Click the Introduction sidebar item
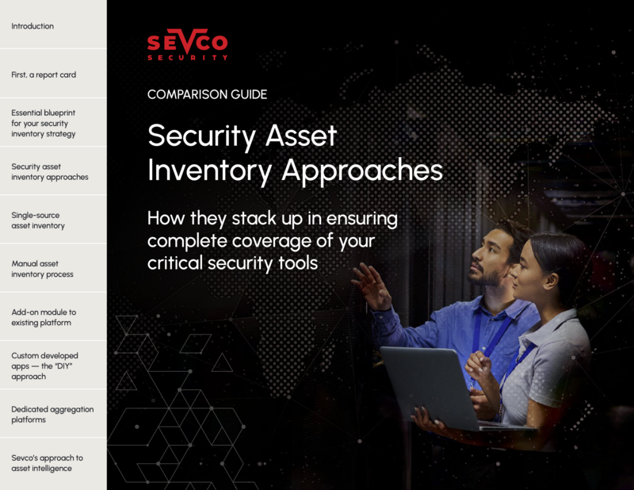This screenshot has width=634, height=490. point(32,26)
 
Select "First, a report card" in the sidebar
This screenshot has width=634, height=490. point(44,75)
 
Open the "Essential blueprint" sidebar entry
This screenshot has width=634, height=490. point(44,124)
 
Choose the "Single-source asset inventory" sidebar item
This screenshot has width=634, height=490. point(38,220)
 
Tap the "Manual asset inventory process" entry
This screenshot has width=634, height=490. point(43,269)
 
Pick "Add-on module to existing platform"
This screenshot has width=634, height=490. point(44,318)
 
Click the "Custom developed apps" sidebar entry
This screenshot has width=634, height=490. point(44,366)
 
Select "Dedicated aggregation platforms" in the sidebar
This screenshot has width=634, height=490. point(52,415)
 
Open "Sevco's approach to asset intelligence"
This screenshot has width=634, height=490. point(47,463)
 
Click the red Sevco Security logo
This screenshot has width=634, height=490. point(188,44)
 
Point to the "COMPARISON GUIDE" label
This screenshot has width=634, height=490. point(207,94)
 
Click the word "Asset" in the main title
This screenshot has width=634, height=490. point(301,136)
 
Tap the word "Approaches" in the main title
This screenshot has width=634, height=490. point(362,170)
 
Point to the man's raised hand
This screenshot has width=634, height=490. point(371,285)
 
